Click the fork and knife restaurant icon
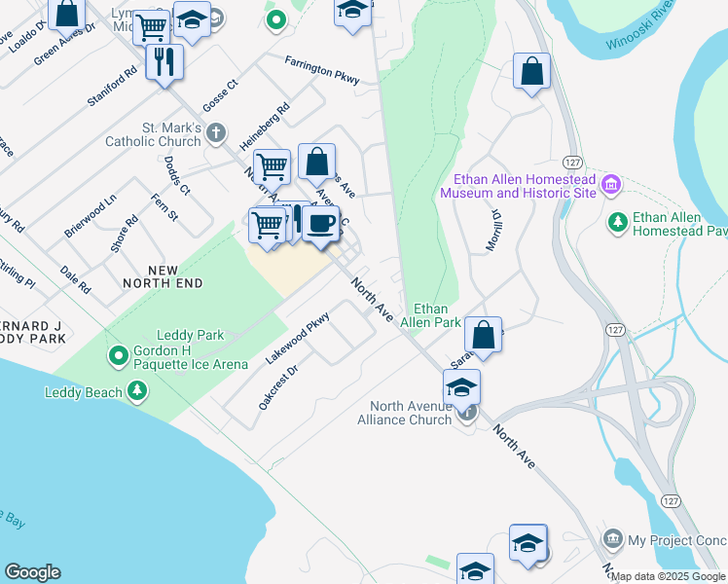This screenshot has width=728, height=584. pyautogui.click(x=164, y=62)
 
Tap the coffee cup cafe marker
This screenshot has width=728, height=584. pyautogui.click(x=319, y=224)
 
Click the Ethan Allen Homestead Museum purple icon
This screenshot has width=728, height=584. pyautogui.click(x=611, y=184)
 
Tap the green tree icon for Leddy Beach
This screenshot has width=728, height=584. pyautogui.click(x=138, y=391)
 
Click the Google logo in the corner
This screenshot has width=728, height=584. pyautogui.click(x=32, y=572)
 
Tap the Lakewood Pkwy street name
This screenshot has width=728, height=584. pyautogui.click(x=298, y=338)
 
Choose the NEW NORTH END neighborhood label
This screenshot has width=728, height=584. pyautogui.click(x=163, y=275)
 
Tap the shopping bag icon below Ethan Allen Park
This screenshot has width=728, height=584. pyautogui.click(x=483, y=335)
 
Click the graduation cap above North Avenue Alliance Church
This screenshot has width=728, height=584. pyautogui.click(x=461, y=387)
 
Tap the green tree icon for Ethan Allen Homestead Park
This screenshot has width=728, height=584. pyautogui.click(x=617, y=222)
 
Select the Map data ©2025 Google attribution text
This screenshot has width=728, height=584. pyautogui.click(x=669, y=576)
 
